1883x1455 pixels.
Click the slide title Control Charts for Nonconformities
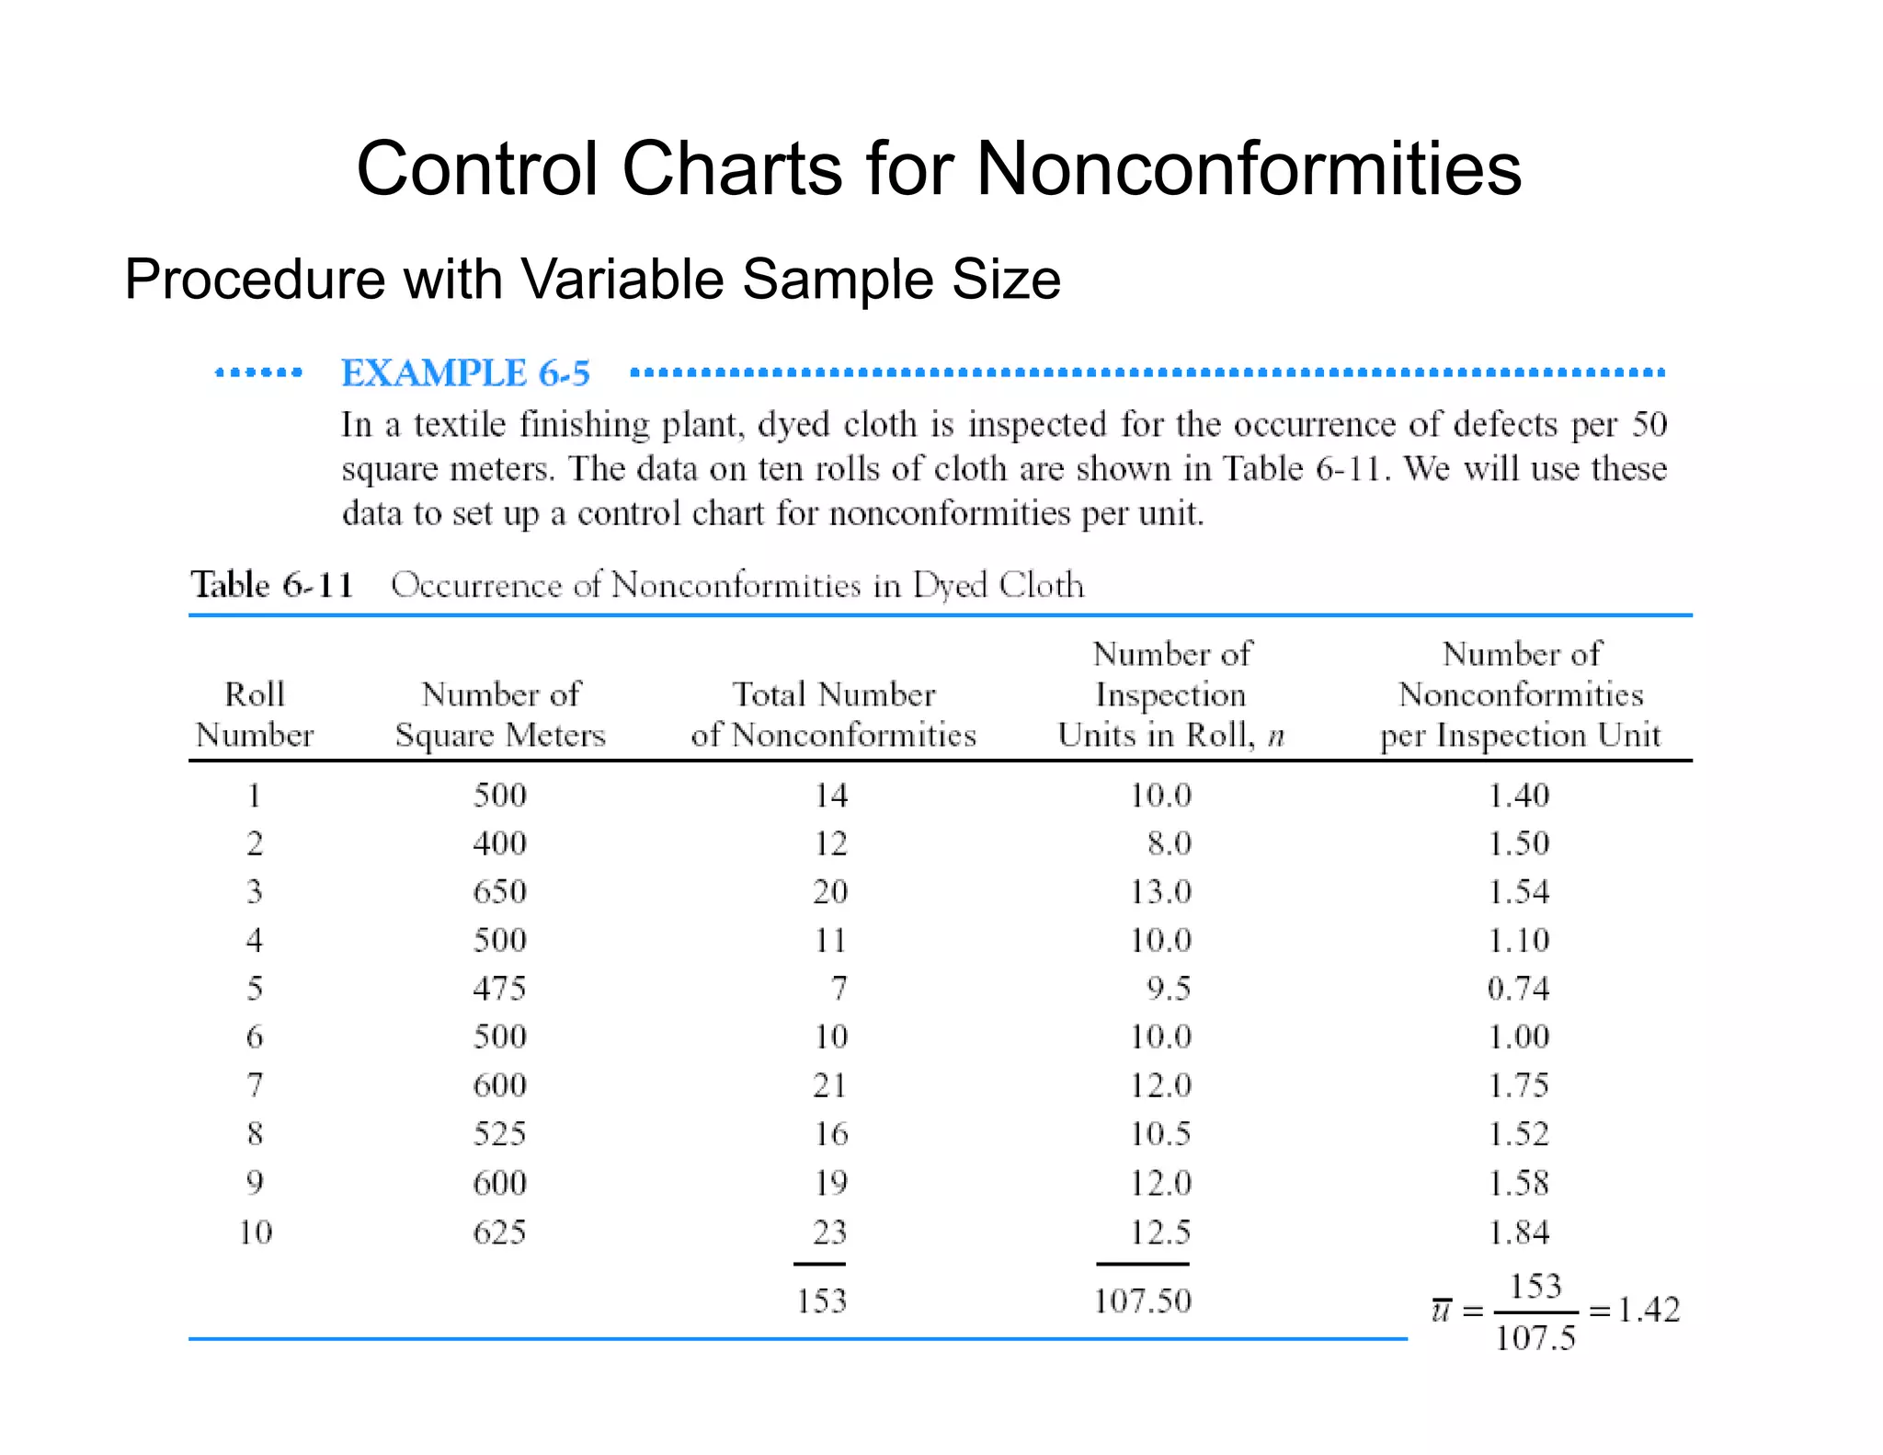[x=939, y=169]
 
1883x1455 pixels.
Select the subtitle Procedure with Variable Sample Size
[x=592, y=279]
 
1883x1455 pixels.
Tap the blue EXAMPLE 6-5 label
[x=465, y=373]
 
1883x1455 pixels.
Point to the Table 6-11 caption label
[x=272, y=585]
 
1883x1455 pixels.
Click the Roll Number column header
[x=255, y=715]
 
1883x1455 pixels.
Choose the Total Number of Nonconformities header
[x=833, y=715]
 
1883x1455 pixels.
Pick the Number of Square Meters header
[x=500, y=715]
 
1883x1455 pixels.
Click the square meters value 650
[x=500, y=891]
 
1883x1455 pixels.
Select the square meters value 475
[x=500, y=989]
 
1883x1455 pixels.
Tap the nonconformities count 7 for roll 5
[x=839, y=989]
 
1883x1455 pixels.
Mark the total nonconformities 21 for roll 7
[x=830, y=1085]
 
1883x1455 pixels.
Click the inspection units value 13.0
[x=1160, y=891]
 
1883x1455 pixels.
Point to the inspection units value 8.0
[x=1169, y=843]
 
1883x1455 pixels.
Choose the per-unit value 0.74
[x=1518, y=989]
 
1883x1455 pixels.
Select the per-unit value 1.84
[x=1518, y=1232]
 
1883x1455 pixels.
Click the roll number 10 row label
[x=256, y=1232]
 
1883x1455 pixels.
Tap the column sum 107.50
[x=1143, y=1300]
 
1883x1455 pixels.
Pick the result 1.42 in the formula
[x=1649, y=1310]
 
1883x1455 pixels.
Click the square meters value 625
[x=500, y=1232]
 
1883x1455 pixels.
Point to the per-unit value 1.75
[x=1518, y=1085]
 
